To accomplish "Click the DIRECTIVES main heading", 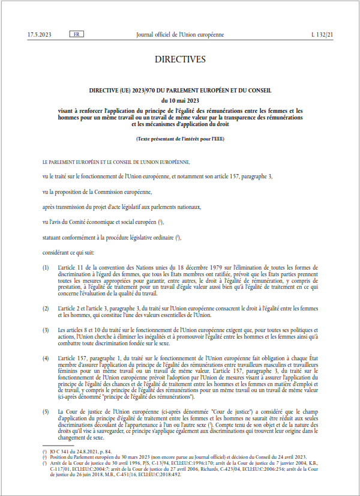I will coord(180,59).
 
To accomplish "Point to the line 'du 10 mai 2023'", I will coord(180,100).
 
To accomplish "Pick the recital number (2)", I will coord(46,307).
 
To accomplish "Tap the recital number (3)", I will coord(46,330).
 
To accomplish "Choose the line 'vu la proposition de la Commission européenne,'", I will coord(97,192).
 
